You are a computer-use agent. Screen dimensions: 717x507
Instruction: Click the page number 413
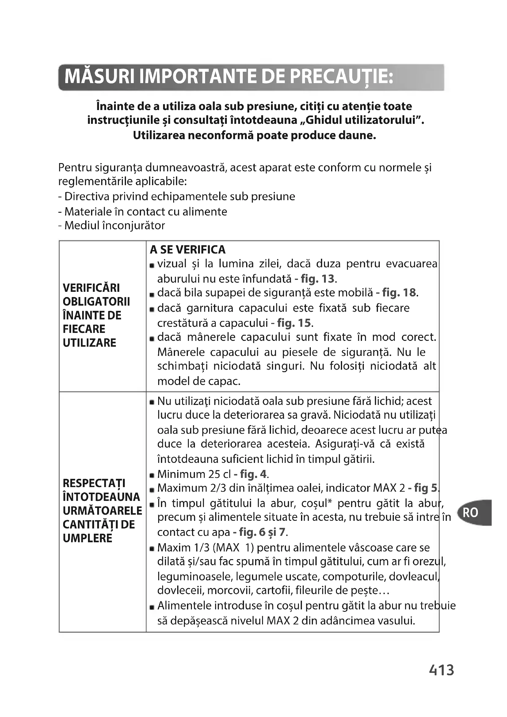pyautogui.click(x=441, y=670)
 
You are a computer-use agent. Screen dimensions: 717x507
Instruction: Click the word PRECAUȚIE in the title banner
pyautogui.click(x=341, y=77)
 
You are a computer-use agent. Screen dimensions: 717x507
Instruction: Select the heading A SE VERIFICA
pyautogui.click(x=187, y=250)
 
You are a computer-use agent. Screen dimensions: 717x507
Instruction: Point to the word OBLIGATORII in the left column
pyautogui.click(x=96, y=302)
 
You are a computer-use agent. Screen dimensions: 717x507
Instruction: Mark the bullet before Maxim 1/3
pyautogui.click(x=152, y=549)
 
